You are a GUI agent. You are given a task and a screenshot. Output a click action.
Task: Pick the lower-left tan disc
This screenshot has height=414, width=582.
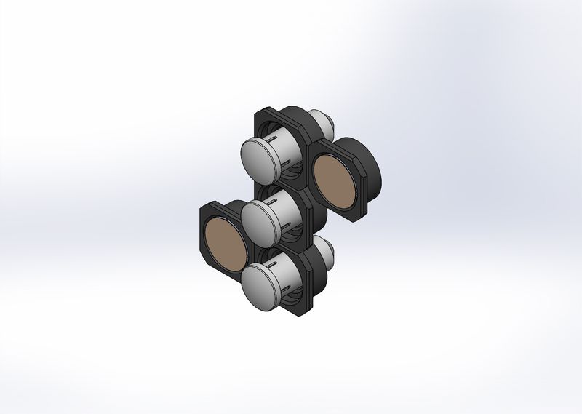pos(225,243)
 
